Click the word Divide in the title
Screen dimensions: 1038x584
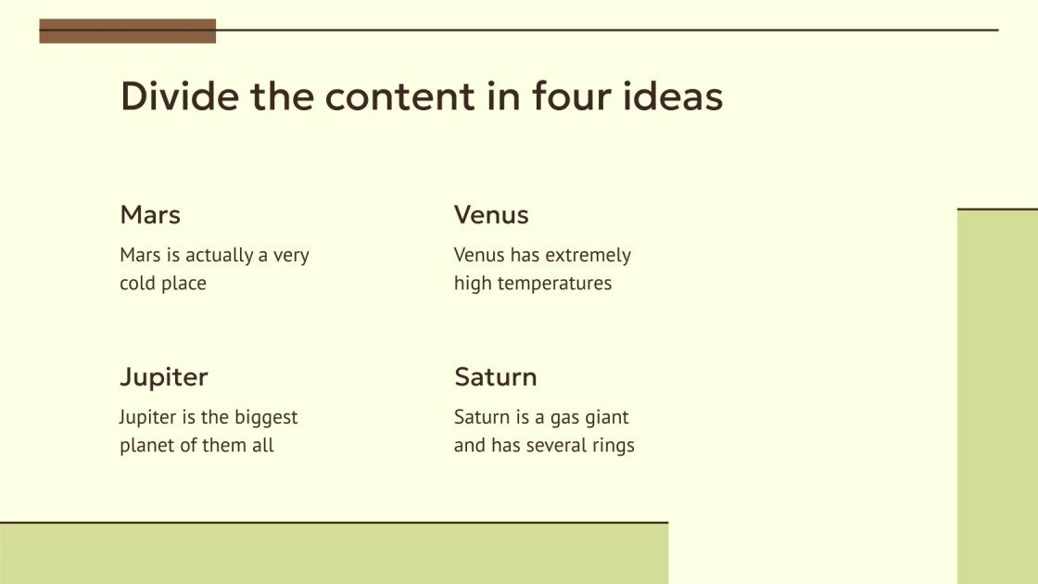click(180, 95)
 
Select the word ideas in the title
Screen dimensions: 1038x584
click(673, 95)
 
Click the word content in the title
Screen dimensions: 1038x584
click(399, 96)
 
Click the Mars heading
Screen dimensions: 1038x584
click(150, 215)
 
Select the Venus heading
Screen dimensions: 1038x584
click(491, 215)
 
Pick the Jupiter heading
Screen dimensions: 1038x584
click(163, 377)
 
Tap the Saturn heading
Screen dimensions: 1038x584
click(495, 377)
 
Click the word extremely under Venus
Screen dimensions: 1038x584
click(588, 256)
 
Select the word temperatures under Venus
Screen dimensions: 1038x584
click(554, 284)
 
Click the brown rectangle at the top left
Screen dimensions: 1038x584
click(128, 32)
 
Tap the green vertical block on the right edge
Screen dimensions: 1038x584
click(997, 397)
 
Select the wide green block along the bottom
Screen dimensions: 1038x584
click(334, 553)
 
